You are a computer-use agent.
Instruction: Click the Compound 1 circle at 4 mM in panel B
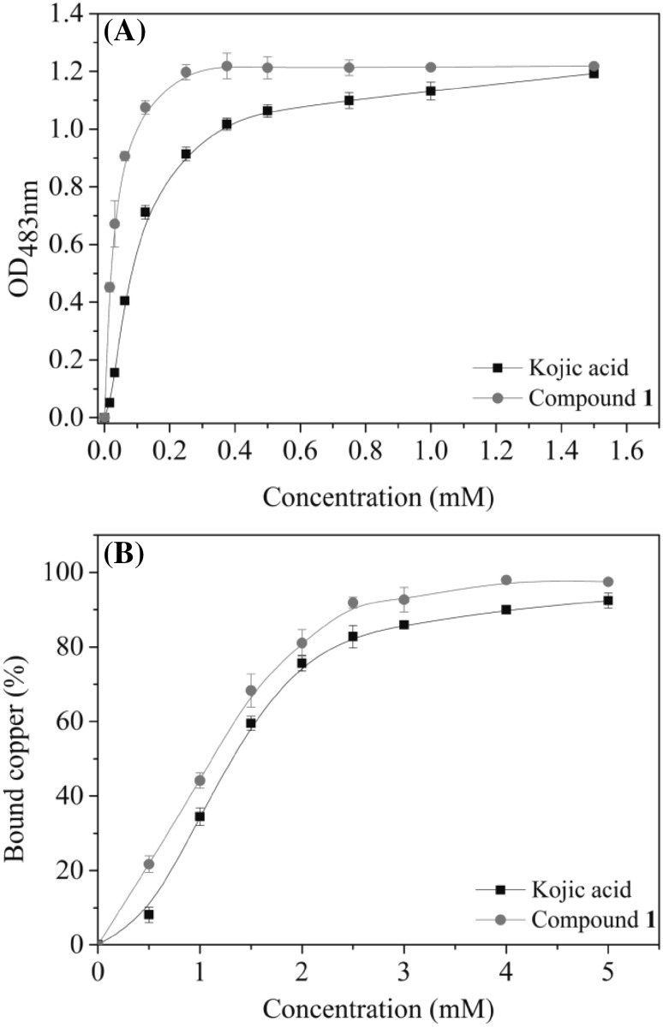click(506, 580)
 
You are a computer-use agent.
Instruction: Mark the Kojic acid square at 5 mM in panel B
click(608, 601)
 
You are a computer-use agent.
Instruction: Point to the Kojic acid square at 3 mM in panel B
click(403, 625)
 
